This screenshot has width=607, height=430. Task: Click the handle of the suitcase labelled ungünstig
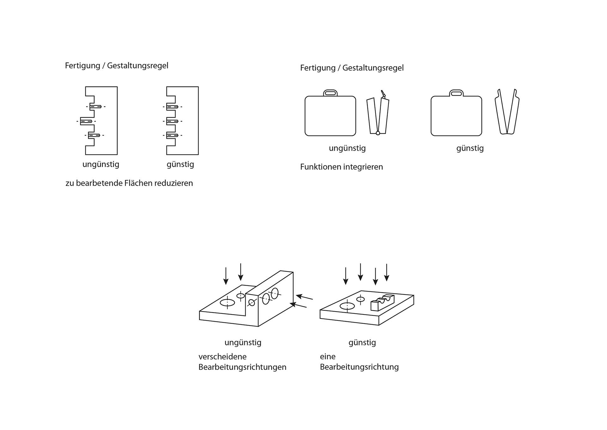(x=330, y=93)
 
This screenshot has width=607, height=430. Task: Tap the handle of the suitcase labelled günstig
(x=456, y=93)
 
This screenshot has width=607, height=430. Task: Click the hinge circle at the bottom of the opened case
(x=378, y=133)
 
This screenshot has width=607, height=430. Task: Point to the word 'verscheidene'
(x=222, y=357)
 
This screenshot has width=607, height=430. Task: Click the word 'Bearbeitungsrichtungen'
(x=242, y=367)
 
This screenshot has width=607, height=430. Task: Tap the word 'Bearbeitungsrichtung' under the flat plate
(x=359, y=367)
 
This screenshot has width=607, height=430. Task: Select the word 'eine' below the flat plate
(x=328, y=357)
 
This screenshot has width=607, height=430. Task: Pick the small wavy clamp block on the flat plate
(x=382, y=303)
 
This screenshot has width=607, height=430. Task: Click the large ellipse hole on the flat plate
(x=347, y=306)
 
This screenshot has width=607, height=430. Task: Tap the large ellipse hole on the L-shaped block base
(x=227, y=303)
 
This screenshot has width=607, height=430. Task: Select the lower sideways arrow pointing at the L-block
(x=298, y=305)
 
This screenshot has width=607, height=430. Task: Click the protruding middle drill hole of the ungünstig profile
(x=86, y=121)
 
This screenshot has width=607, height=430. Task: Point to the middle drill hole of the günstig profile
(x=172, y=121)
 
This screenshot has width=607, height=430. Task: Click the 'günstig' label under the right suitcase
(x=470, y=148)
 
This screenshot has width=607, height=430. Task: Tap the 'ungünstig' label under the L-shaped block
(x=243, y=342)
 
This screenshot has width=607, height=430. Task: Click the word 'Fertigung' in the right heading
(x=318, y=68)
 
